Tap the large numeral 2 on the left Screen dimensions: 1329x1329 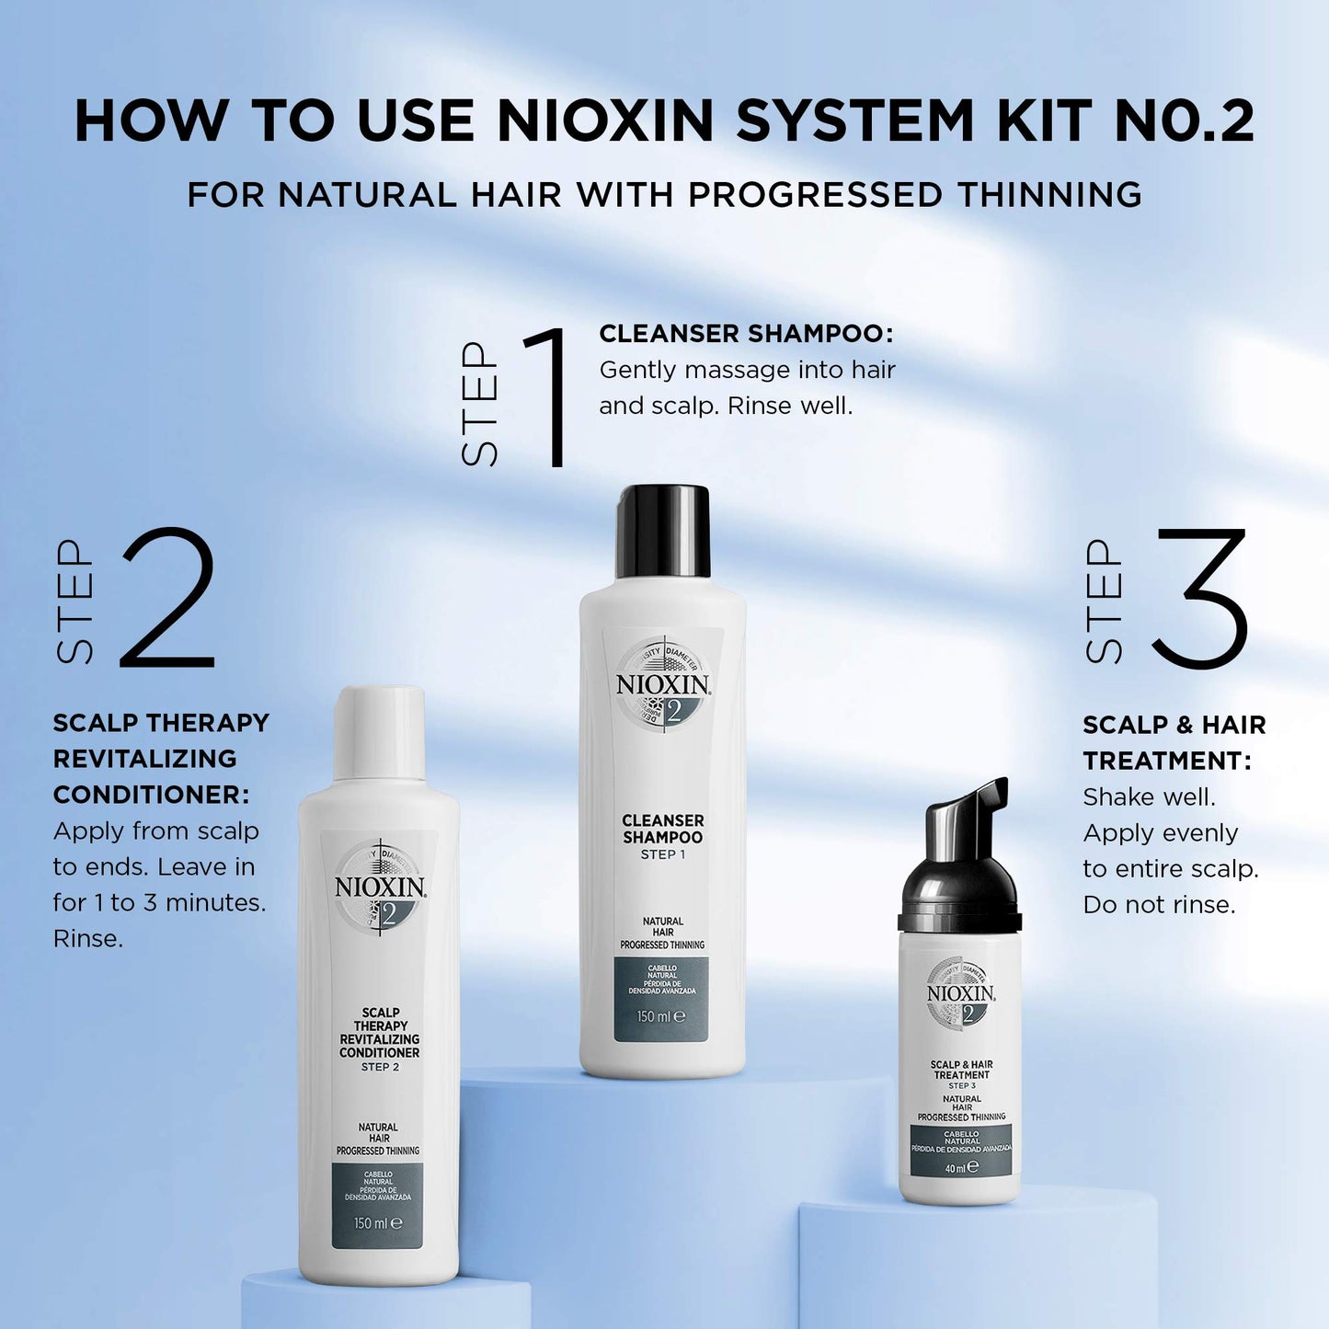pyautogui.click(x=168, y=598)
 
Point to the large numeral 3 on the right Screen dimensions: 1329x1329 pyautogui.click(x=1199, y=598)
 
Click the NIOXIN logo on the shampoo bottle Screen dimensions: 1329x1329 pyautogui.click(x=662, y=685)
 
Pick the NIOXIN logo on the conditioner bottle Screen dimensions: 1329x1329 pyautogui.click(x=379, y=888)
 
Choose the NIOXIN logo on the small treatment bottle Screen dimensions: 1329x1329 pyautogui.click(x=961, y=994)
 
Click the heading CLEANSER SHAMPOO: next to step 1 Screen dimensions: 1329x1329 pyautogui.click(x=746, y=334)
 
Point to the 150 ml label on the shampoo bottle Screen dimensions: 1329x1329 pyautogui.click(x=661, y=1016)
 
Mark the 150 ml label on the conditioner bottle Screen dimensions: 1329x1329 pyautogui.click(x=378, y=1223)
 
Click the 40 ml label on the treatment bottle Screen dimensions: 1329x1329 pyautogui.click(x=961, y=1168)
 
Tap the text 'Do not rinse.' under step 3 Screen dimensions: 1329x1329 pyautogui.click(x=1159, y=905)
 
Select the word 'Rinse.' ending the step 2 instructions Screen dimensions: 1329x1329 pyautogui.click(x=88, y=939)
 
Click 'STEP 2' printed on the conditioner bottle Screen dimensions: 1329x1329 pyautogui.click(x=380, y=1067)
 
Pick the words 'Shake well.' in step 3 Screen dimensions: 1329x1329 pyautogui.click(x=1149, y=797)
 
